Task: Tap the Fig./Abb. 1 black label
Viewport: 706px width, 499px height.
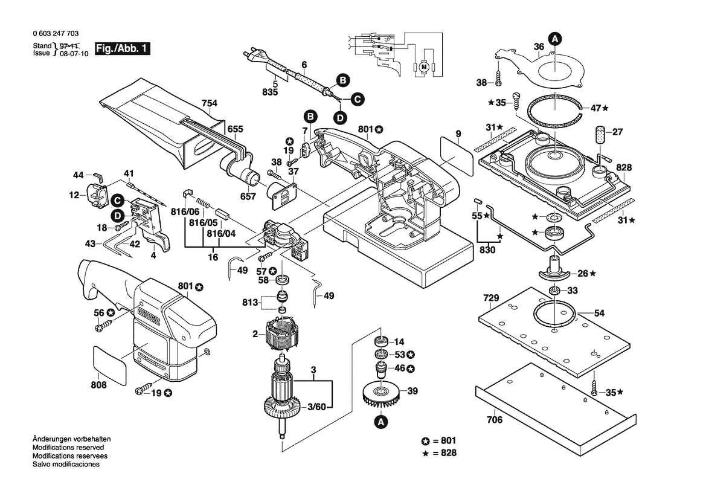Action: point(123,49)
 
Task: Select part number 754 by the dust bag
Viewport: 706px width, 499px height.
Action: point(209,103)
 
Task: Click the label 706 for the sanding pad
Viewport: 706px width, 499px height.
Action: point(494,420)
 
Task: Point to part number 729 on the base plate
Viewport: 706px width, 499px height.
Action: point(491,298)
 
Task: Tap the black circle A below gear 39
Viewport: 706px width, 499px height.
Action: point(380,422)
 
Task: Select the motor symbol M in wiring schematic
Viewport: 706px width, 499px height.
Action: point(423,65)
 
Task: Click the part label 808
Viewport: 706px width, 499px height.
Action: point(99,385)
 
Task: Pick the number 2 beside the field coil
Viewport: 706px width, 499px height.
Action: point(255,333)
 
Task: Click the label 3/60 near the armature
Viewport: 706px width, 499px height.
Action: point(316,406)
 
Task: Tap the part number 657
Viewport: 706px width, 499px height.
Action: point(249,196)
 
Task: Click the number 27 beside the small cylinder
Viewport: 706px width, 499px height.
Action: point(617,132)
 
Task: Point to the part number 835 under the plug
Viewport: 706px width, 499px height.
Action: point(270,92)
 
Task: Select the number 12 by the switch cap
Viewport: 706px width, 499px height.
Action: point(74,195)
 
